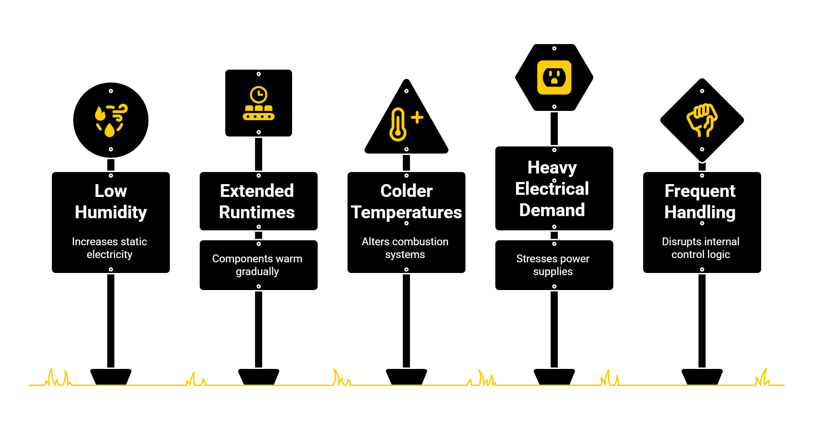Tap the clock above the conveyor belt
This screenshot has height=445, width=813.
[259, 95]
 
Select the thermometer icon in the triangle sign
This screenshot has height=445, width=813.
[398, 124]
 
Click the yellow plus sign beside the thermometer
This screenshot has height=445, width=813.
[417, 117]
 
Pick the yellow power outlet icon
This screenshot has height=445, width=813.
[554, 77]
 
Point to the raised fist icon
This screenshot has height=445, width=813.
[702, 120]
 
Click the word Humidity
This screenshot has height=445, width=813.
[111, 213]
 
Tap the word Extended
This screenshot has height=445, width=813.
[257, 191]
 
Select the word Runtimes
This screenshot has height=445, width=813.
[257, 213]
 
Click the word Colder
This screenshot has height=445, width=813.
[406, 191]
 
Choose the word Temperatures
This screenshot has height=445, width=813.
[406, 213]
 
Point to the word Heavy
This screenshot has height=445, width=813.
[552, 168]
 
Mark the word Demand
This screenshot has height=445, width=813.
[552, 210]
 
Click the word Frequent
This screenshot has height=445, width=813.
[700, 191]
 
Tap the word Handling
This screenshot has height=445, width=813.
[700, 213]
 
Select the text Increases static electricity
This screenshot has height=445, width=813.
[109, 248]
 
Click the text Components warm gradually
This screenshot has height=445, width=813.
[257, 265]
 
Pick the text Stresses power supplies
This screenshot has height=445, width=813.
[553, 265]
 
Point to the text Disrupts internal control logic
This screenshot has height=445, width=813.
[701, 248]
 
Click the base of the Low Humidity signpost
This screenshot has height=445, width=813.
[111, 376]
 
